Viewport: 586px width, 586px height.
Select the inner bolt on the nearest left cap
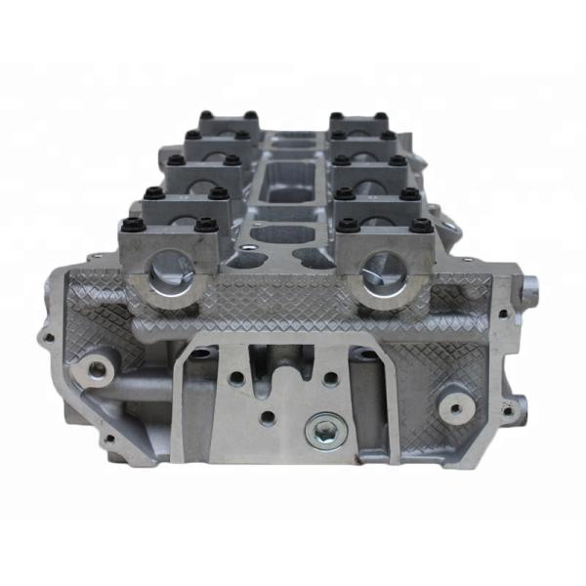coord(205,227)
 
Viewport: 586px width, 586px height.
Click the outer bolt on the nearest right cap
coord(421,227)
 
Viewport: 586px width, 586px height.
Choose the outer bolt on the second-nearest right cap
coord(409,192)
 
